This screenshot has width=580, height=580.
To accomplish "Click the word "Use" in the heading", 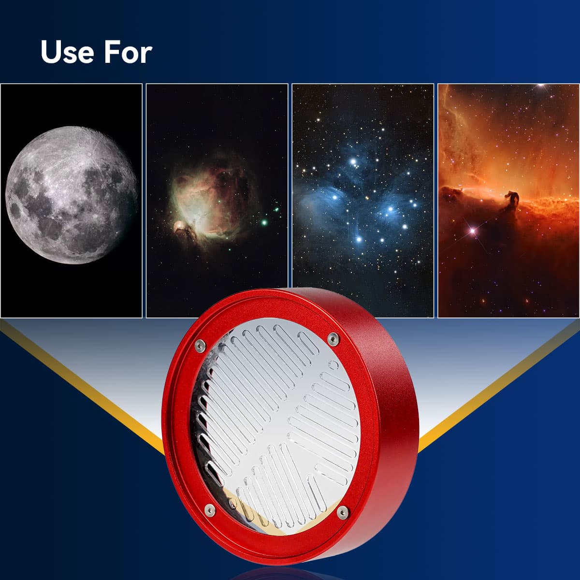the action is click(x=67, y=52).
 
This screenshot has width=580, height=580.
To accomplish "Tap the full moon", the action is click(x=72, y=195).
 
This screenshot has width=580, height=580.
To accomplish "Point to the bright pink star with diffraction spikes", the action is click(x=472, y=231).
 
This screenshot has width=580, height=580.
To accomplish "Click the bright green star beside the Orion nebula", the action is click(x=264, y=222).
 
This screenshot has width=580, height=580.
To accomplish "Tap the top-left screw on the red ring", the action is click(x=200, y=344).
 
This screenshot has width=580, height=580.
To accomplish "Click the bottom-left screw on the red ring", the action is click(x=210, y=509).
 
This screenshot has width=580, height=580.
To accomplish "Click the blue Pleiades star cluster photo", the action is click(x=362, y=201).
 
